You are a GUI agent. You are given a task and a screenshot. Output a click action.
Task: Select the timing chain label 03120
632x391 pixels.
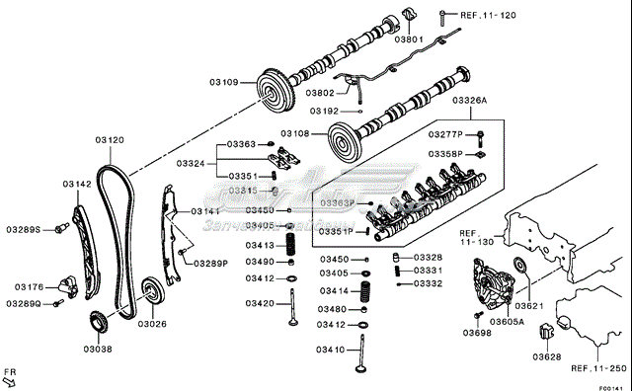click(110, 140)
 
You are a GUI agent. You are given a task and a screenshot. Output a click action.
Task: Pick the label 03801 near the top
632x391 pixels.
click(410, 40)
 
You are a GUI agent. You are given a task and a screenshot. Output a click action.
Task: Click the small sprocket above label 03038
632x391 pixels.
click(97, 322)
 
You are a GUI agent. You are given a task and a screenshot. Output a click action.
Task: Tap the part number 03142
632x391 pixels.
click(76, 184)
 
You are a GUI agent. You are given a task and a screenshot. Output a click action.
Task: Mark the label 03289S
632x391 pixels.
click(23, 229)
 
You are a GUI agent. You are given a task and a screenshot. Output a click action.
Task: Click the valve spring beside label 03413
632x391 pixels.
click(291, 244)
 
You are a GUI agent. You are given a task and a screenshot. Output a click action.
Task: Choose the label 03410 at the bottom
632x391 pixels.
click(330, 350)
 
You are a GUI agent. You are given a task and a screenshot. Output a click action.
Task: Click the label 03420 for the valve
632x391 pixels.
click(260, 304)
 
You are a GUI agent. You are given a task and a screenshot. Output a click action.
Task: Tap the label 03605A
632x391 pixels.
click(508, 322)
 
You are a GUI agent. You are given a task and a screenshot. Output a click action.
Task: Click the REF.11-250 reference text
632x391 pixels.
click(598, 367)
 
